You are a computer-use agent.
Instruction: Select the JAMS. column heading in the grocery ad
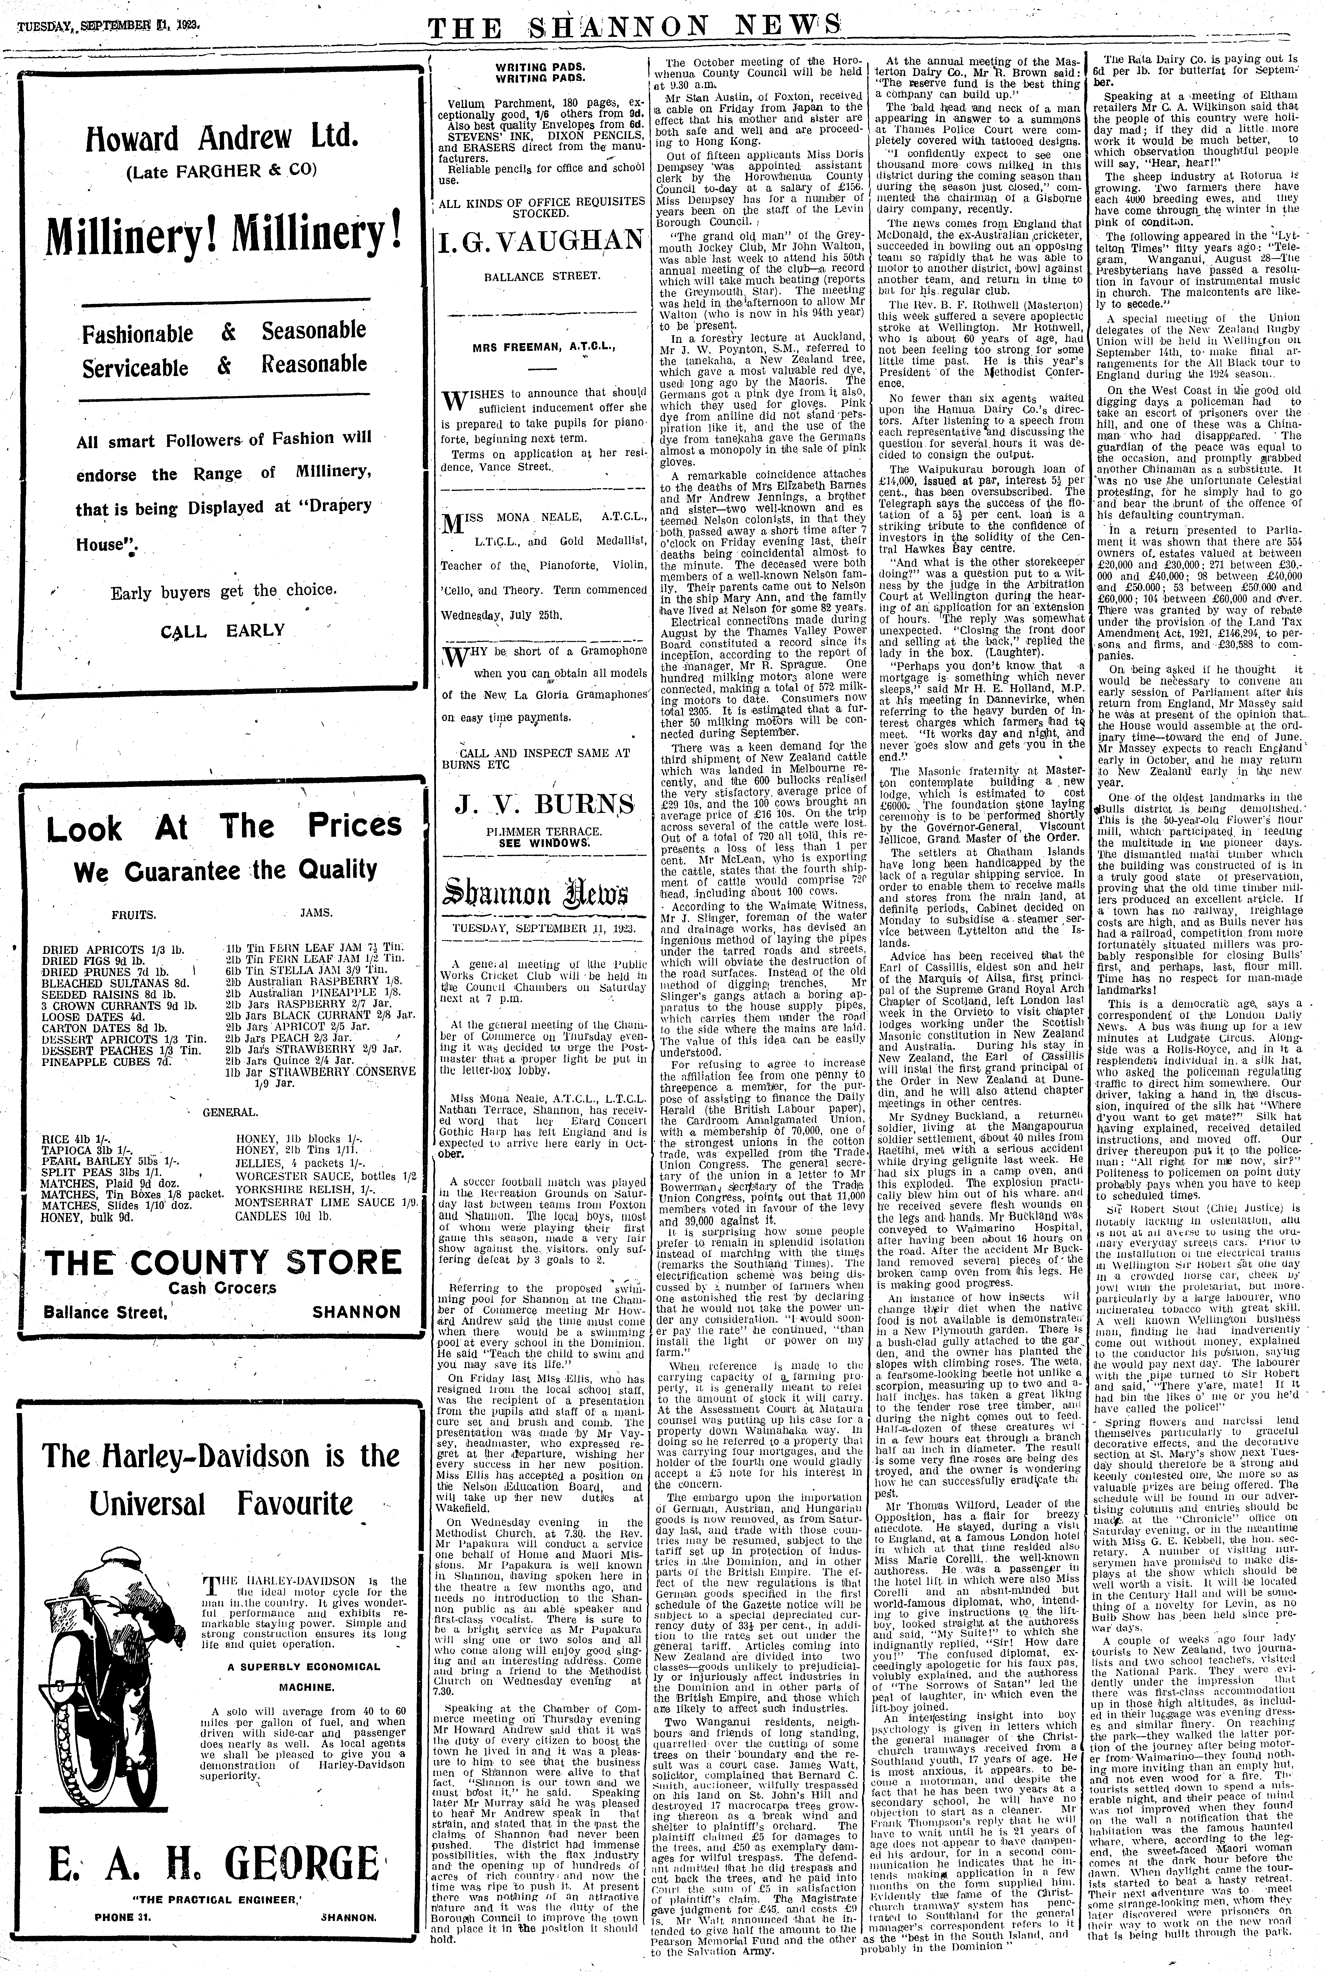coord(316,914)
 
